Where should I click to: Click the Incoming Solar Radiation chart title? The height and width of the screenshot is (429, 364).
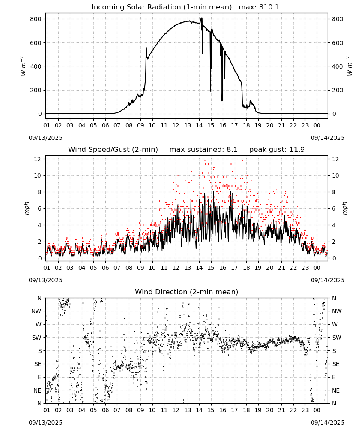161,7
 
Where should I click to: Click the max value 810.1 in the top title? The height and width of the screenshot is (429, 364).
269,7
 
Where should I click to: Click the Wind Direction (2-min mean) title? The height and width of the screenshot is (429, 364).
187,292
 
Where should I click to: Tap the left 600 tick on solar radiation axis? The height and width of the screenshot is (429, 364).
36,42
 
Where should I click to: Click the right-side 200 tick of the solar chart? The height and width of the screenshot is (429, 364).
337,90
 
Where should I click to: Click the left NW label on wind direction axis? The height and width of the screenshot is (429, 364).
36,311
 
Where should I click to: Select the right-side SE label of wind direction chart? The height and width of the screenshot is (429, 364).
336,364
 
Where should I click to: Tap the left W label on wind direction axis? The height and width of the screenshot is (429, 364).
39,324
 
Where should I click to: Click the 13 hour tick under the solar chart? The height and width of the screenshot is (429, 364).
188,125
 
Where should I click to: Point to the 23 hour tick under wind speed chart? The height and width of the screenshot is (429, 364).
305,268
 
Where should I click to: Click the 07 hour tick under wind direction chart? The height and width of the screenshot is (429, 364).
117,410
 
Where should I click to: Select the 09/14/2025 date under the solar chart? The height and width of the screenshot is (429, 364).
328,138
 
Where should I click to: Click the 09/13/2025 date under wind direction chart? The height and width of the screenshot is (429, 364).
45,423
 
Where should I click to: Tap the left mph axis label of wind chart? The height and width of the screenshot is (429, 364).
27,208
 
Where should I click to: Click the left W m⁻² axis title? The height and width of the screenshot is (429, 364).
23,66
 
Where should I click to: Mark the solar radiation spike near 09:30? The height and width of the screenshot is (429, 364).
146,48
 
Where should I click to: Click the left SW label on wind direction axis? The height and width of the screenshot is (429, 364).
37,338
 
